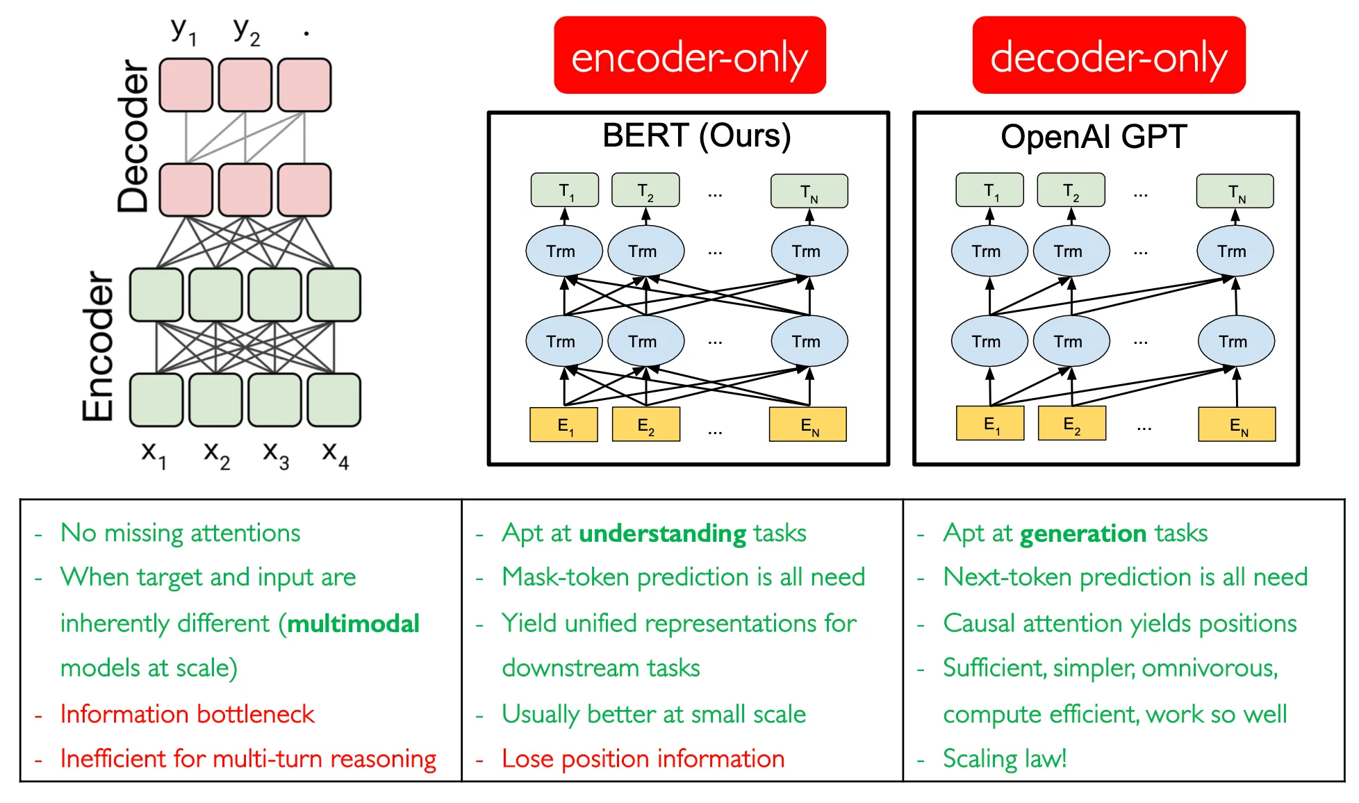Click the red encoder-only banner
(689, 56)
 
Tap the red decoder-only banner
(1108, 56)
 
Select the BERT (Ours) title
(696, 135)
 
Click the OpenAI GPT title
(1094, 137)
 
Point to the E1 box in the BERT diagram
(564, 425)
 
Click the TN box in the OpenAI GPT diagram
(1235, 192)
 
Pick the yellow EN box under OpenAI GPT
(1237, 425)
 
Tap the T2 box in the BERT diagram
(645, 191)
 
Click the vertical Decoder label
(133, 136)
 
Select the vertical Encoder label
(97, 346)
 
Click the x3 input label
(275, 455)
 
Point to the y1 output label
(184, 31)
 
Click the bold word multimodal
(354, 624)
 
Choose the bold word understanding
(662, 533)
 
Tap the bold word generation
(1083, 533)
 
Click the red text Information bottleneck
(187, 714)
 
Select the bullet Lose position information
(643, 759)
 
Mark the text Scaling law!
(1004, 759)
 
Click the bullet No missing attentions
(180, 533)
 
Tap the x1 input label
(154, 455)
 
